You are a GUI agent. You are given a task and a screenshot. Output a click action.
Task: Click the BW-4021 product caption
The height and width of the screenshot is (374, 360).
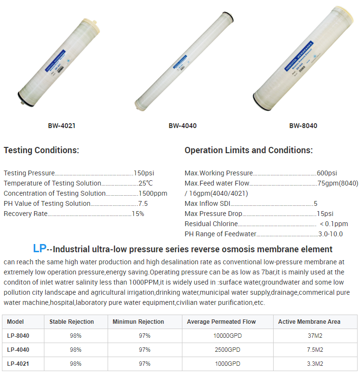(x=61, y=126)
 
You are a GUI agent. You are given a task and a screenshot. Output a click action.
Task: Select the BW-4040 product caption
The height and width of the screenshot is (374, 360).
(x=182, y=126)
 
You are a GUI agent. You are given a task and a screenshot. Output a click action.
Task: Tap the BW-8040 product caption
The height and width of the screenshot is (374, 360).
(x=303, y=126)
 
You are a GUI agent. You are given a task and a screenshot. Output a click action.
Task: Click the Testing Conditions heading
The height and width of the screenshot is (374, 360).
(x=42, y=150)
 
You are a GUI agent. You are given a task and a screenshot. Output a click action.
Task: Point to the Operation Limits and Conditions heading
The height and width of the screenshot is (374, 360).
(x=249, y=150)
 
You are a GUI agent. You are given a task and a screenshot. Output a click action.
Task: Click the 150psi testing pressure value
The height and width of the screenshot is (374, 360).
(x=144, y=173)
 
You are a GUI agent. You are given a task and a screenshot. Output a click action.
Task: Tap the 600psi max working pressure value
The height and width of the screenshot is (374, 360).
(x=327, y=173)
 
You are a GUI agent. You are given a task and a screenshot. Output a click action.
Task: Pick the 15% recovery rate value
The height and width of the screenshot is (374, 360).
(x=138, y=214)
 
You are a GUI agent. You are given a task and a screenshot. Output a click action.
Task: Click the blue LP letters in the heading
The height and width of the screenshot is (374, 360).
(x=40, y=249)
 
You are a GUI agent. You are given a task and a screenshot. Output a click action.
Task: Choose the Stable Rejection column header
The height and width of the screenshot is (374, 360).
(x=71, y=322)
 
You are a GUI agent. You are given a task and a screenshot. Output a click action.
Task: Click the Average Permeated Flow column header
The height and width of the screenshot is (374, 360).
(x=221, y=322)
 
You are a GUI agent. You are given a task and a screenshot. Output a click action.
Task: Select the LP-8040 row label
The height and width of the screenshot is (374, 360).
(x=19, y=336)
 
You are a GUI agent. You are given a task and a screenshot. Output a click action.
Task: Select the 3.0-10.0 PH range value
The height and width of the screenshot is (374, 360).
(x=331, y=234)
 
